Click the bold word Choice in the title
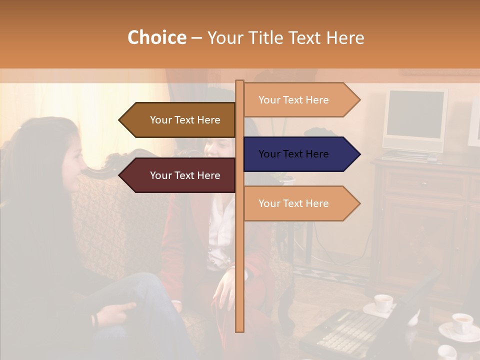click(x=156, y=38)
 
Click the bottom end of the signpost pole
click(x=240, y=329)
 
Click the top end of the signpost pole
click(x=240, y=82)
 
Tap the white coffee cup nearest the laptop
click(x=383, y=303)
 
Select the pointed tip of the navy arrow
click(x=359, y=154)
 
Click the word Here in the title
click(x=345, y=38)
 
